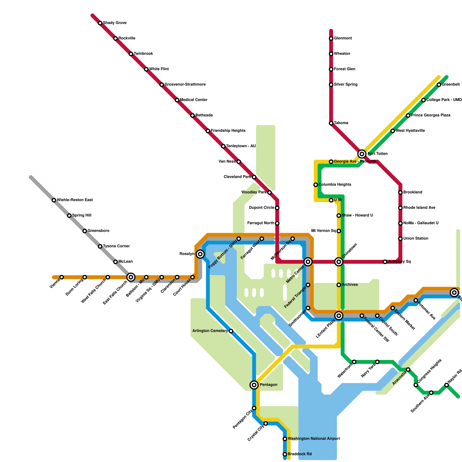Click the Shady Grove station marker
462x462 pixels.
100,23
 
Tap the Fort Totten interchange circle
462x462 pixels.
362,154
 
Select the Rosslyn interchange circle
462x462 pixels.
200,254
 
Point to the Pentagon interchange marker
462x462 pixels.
254,385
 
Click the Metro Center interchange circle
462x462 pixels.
308,262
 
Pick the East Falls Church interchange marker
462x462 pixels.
131,277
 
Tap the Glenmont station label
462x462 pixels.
343,38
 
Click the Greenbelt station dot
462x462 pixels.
439,85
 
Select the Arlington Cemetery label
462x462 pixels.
210,331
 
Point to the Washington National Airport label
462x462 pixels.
314,439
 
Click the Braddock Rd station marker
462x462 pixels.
285,454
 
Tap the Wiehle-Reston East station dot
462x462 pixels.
54,200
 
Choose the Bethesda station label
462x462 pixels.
204,115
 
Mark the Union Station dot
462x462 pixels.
400,239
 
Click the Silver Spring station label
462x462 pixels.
346,85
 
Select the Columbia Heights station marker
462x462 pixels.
316,185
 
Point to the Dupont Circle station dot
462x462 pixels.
277,208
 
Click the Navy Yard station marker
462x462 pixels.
377,362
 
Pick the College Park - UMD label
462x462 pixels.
444,100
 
